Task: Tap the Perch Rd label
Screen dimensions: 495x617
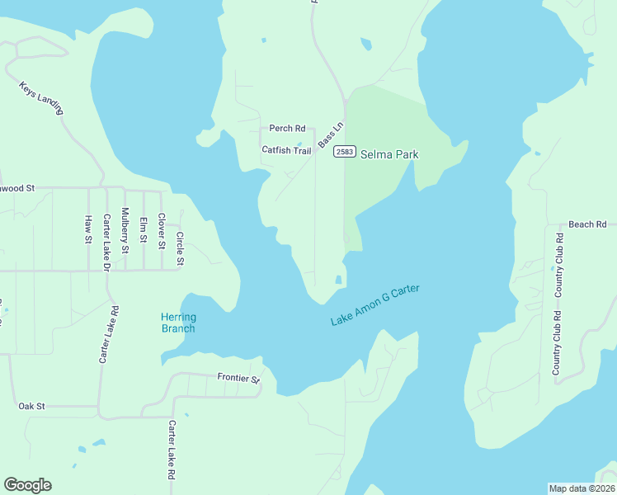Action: pyautogui.click(x=287, y=129)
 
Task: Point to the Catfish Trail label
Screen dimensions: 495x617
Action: pyautogui.click(x=286, y=150)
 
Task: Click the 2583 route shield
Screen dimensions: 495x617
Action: pyautogui.click(x=345, y=153)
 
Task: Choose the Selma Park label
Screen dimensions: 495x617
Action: pyautogui.click(x=389, y=154)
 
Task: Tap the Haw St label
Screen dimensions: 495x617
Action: pyautogui.click(x=87, y=229)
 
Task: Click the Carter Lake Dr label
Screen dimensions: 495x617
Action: pyautogui.click(x=106, y=243)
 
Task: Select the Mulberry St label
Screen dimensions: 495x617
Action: pyautogui.click(x=125, y=230)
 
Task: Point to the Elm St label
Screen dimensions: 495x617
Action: pyautogui.click(x=143, y=229)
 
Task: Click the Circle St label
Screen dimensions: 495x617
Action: pyautogui.click(x=180, y=249)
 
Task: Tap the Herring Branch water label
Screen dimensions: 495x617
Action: pyautogui.click(x=177, y=323)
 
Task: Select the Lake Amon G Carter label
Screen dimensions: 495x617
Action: pyautogui.click(x=375, y=305)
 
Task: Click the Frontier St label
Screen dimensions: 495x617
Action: pyautogui.click(x=238, y=379)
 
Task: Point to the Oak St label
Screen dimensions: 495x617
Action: pyautogui.click(x=31, y=407)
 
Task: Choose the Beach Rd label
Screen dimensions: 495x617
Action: pyautogui.click(x=587, y=224)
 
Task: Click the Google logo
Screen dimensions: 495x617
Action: pyautogui.click(x=27, y=485)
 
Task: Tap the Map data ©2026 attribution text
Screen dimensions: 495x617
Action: pyautogui.click(x=582, y=488)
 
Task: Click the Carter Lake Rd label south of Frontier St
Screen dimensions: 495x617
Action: pyautogui.click(x=172, y=450)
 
